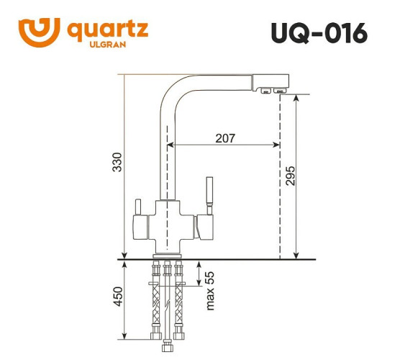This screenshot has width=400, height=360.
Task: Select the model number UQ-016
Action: tap(319, 33)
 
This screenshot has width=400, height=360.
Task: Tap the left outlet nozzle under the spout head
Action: tap(264, 91)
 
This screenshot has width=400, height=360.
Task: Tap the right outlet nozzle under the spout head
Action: tap(278, 91)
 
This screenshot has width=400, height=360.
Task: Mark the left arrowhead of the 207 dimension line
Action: tap(172, 144)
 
